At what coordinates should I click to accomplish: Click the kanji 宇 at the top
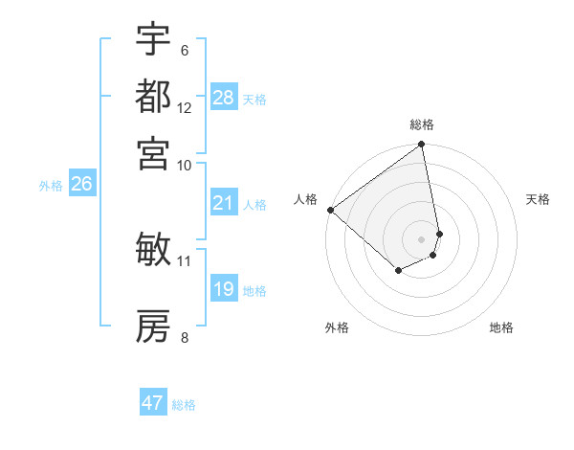(153, 39)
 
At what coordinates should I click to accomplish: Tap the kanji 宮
(153, 153)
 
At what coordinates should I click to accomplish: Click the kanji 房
(153, 326)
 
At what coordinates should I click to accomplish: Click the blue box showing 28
(224, 98)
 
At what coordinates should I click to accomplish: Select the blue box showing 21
(224, 203)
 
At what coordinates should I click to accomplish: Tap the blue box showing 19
(224, 289)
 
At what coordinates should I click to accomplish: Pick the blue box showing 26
(81, 185)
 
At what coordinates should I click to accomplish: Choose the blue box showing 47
(153, 403)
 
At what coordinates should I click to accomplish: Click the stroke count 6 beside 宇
(185, 50)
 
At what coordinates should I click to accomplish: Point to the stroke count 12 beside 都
(185, 107)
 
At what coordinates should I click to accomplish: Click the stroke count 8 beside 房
(185, 336)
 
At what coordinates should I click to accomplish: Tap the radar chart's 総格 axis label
(422, 124)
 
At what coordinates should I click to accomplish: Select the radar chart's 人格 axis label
(306, 199)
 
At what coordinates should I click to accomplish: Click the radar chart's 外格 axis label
(337, 327)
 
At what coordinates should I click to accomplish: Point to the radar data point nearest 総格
(421, 146)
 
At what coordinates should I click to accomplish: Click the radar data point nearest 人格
(330, 210)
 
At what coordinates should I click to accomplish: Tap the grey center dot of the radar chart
(421, 238)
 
